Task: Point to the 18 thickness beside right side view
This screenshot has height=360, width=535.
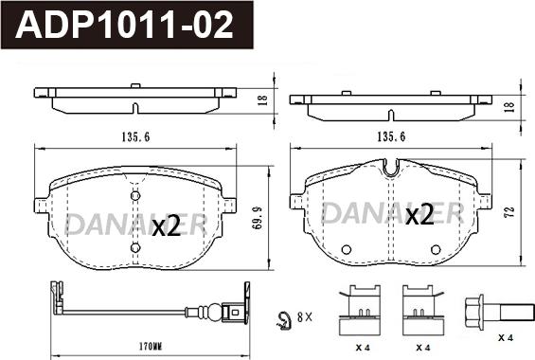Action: pos(512,106)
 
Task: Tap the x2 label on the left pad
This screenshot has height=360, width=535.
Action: pos(166,226)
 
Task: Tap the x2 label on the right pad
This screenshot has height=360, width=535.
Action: pos(419,215)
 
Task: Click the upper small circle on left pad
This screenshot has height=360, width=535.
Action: pos(134,194)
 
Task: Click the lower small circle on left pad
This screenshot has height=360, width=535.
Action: pos(134,248)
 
